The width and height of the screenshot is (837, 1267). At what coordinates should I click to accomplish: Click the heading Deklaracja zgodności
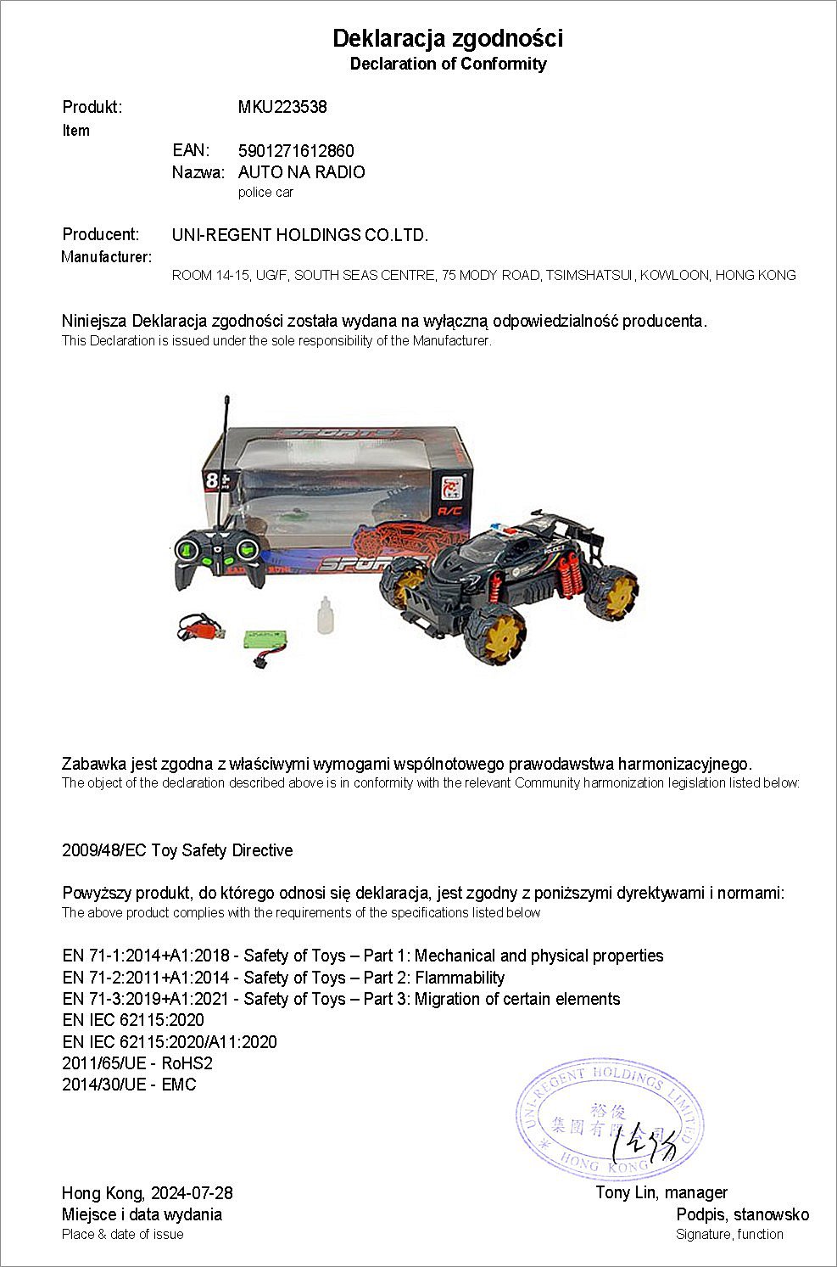[x=448, y=38]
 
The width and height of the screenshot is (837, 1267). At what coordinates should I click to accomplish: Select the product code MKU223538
[x=282, y=107]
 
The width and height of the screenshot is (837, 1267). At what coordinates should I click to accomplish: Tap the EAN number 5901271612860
[x=296, y=151]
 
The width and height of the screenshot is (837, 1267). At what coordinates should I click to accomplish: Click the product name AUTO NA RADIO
[x=302, y=172]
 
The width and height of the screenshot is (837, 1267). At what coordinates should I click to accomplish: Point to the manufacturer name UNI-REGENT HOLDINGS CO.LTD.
[x=300, y=235]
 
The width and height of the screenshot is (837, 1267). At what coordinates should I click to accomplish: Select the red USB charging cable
[x=200, y=630]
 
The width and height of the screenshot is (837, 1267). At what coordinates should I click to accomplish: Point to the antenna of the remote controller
[x=226, y=458]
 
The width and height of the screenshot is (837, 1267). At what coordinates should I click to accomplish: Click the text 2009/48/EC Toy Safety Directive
[x=177, y=850]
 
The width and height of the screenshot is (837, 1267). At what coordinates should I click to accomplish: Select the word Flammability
[x=459, y=978]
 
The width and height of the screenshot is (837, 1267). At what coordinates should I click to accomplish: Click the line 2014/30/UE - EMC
[x=129, y=1085]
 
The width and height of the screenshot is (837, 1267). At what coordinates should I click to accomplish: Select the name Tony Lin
[x=626, y=1193]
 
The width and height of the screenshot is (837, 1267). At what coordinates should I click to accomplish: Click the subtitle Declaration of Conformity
[x=448, y=64]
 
